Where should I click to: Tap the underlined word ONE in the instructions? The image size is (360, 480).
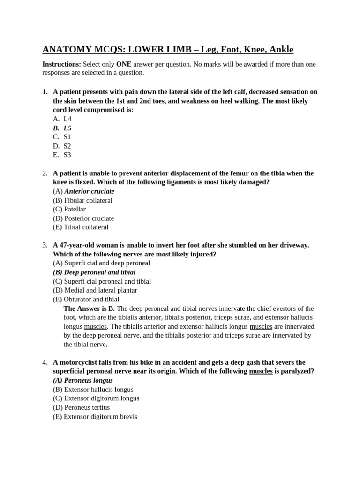pyautogui.click(x=124, y=64)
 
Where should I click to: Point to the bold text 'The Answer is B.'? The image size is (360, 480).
pyautogui.click(x=89, y=308)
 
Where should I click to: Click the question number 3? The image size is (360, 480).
pyautogui.click(x=45, y=245)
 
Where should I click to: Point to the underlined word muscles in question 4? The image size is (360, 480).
pyautogui.click(x=261, y=371)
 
